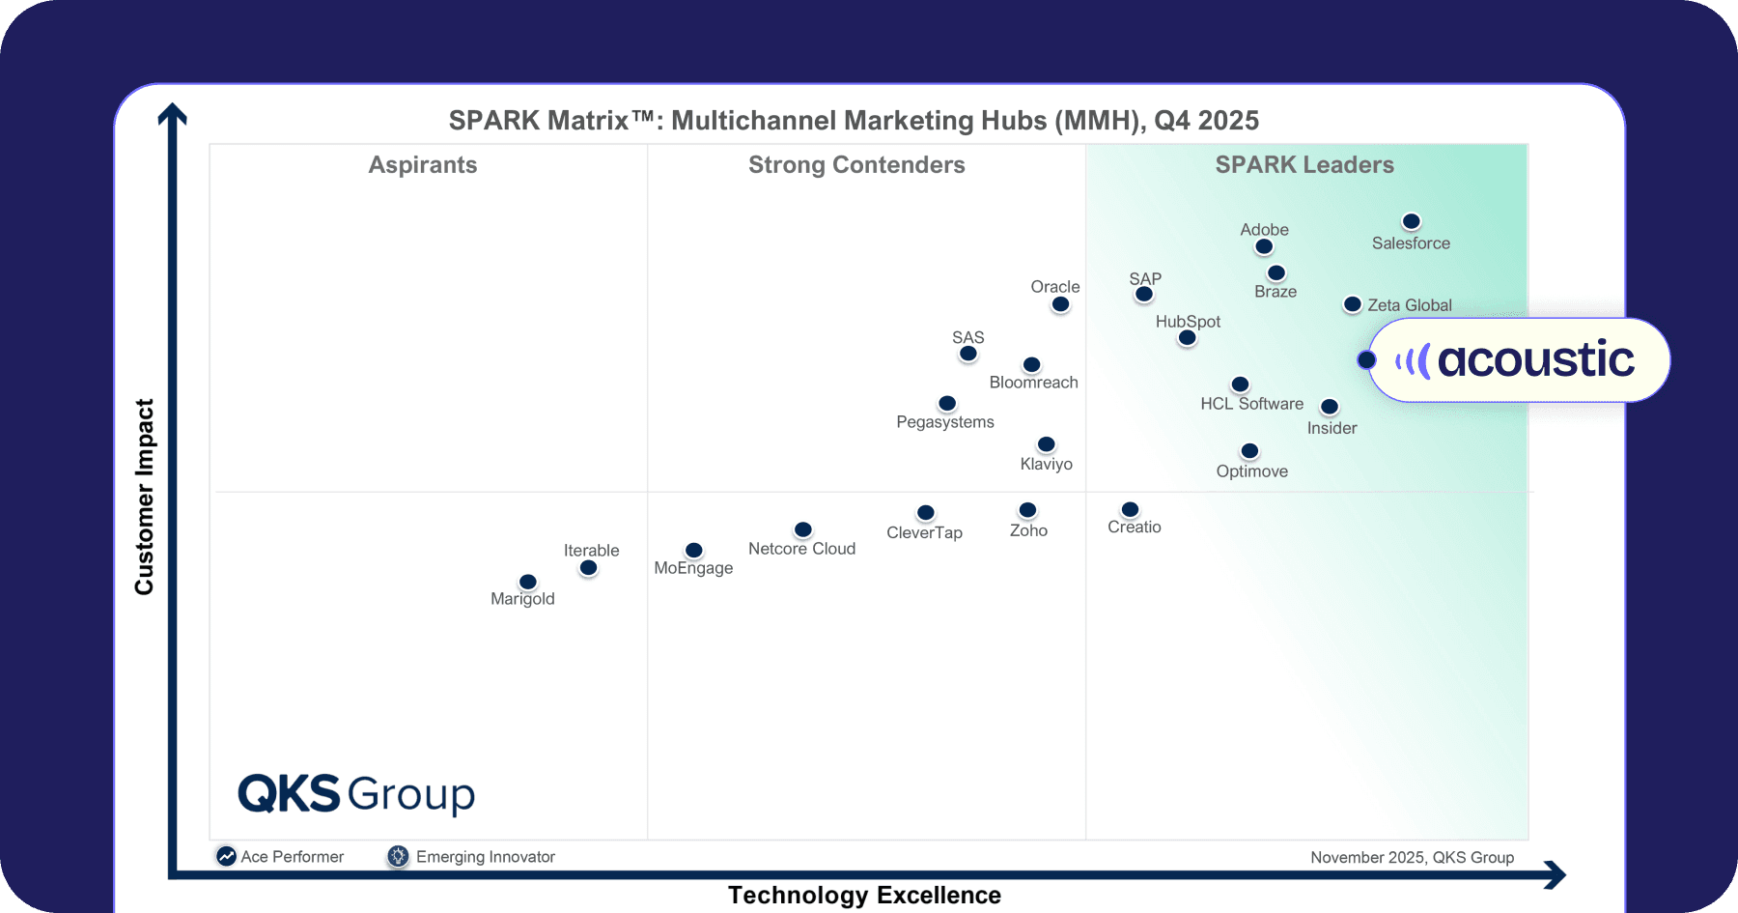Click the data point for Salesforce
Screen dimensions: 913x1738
pyautogui.click(x=1411, y=222)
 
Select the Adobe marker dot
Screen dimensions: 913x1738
pyautogui.click(x=1264, y=247)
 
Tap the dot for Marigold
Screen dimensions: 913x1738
pyautogui.click(x=527, y=582)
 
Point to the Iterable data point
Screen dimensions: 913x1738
pyautogui.click(x=588, y=568)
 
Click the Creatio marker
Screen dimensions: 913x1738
pyautogui.click(x=1130, y=510)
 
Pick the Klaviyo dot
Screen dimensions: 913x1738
pyautogui.click(x=1046, y=444)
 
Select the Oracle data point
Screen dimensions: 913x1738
pyautogui.click(x=1060, y=304)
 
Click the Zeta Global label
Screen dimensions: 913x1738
pyautogui.click(x=1409, y=305)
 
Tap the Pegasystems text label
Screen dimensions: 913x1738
pyautogui.click(x=944, y=422)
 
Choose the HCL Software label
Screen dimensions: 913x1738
pyautogui.click(x=1251, y=404)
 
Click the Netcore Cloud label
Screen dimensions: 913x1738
pyautogui.click(x=801, y=549)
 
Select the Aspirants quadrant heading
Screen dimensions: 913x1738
pyautogui.click(x=423, y=165)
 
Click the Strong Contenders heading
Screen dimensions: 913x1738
pyautogui.click(x=856, y=165)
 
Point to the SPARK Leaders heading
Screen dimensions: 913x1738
pyautogui.click(x=1304, y=165)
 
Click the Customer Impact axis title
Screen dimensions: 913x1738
pyautogui.click(x=145, y=497)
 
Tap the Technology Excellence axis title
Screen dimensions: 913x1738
pyautogui.click(x=864, y=896)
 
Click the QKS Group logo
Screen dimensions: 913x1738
pyautogui.click(x=356, y=794)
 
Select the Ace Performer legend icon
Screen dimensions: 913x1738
pyautogui.click(x=226, y=856)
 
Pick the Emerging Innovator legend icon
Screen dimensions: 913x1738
pyautogui.click(x=398, y=856)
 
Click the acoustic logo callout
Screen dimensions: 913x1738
pyautogui.click(x=1518, y=360)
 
